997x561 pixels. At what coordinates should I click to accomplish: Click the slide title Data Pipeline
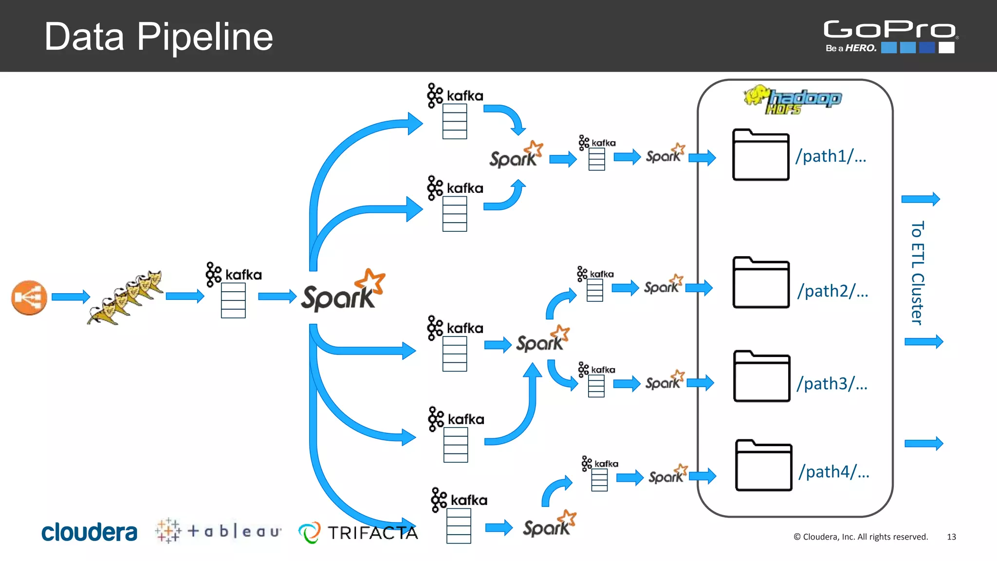tap(158, 37)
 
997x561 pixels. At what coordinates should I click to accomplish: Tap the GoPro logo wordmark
tap(889, 29)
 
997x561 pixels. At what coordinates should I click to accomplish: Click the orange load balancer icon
tap(29, 298)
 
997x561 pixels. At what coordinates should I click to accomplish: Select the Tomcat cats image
tap(126, 297)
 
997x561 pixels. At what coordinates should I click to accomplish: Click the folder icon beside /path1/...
tap(760, 155)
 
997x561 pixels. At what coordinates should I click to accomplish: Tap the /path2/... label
tap(832, 291)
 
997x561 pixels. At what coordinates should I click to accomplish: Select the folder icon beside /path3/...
tap(761, 376)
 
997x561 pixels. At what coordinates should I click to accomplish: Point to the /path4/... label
tap(834, 472)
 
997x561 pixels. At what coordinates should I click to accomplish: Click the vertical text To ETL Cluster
tap(917, 273)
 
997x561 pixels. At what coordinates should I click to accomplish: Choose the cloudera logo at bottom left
tap(89, 532)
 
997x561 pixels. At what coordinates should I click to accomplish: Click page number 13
tap(951, 537)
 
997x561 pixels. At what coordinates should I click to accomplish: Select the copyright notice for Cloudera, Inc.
tap(861, 537)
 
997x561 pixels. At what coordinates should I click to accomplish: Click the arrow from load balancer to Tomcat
tap(71, 297)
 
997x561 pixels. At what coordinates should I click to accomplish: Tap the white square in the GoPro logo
tap(946, 48)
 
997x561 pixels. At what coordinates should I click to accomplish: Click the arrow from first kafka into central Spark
tap(277, 296)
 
